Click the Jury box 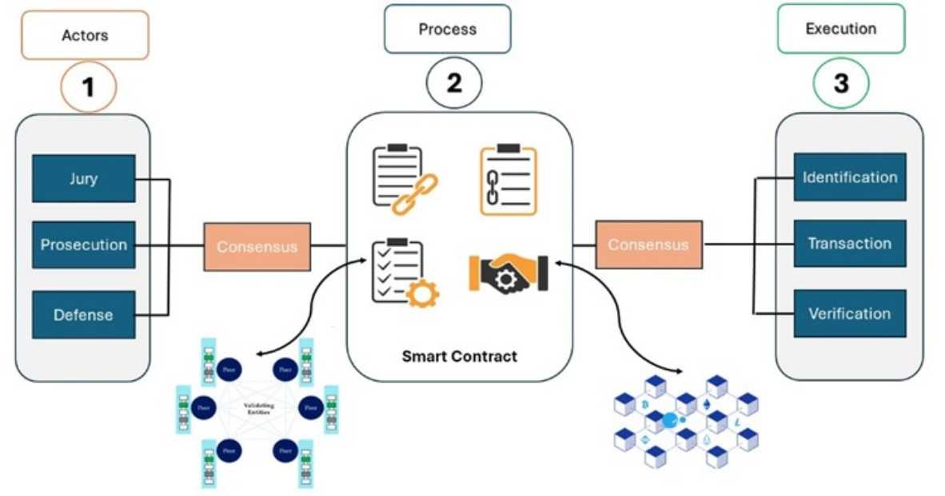tap(83, 178)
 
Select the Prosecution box tap(83, 244)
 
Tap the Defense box tap(83, 315)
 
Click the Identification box tap(849, 177)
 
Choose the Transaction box tap(849, 244)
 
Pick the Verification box tap(849, 313)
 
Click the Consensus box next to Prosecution tap(257, 247)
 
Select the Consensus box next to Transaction tap(648, 244)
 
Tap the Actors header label tap(85, 35)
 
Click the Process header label tap(447, 30)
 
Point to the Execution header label tap(840, 29)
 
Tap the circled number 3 tap(841, 83)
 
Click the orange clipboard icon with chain tap(508, 179)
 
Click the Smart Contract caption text tap(459, 356)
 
